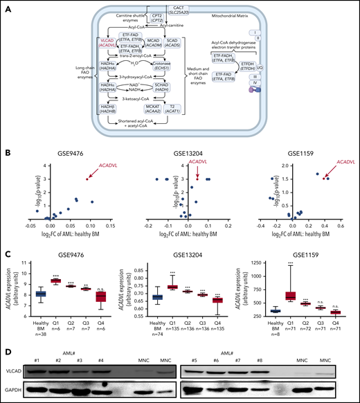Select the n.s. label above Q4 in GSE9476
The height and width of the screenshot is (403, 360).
point(104,280)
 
